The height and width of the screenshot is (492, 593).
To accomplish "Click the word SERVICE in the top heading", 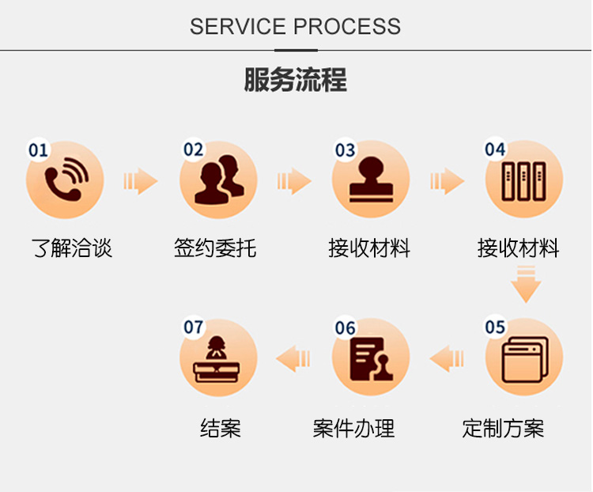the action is [x=237, y=26].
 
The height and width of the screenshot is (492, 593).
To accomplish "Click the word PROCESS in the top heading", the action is [x=347, y=26].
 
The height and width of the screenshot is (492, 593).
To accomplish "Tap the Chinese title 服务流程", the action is [x=296, y=79].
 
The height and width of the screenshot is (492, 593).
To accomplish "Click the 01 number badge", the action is [x=38, y=150].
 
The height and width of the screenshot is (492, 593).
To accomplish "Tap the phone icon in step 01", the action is [x=66, y=178].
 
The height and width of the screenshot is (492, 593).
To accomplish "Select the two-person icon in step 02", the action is [x=219, y=180].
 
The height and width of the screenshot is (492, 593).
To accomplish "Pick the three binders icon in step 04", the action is [x=523, y=181].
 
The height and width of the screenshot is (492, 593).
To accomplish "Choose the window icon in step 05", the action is [x=525, y=360].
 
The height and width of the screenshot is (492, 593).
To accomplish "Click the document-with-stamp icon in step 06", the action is [x=372, y=359].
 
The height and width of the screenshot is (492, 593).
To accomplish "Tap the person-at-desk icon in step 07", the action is [x=217, y=360].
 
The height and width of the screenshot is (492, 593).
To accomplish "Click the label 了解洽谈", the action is [x=72, y=248].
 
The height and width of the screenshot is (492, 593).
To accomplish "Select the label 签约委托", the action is [x=215, y=248].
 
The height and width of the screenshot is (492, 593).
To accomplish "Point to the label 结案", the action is [x=221, y=429].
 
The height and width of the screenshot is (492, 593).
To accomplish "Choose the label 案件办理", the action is [x=353, y=429].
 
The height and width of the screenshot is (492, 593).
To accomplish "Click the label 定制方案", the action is [x=503, y=429].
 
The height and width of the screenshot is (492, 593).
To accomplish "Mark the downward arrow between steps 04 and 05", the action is [x=526, y=284].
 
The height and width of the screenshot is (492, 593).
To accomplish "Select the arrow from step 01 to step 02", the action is [x=140, y=181].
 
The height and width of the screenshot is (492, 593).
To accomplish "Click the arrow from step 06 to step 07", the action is [x=293, y=358].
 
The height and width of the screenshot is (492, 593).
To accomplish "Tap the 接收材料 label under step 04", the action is [x=519, y=248].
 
